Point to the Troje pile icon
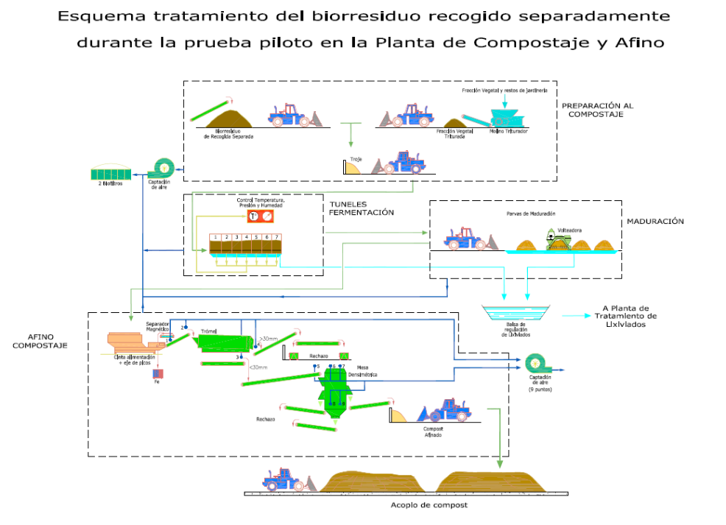[358, 167]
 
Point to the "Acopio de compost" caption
[429, 505]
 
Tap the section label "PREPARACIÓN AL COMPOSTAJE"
[597, 110]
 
